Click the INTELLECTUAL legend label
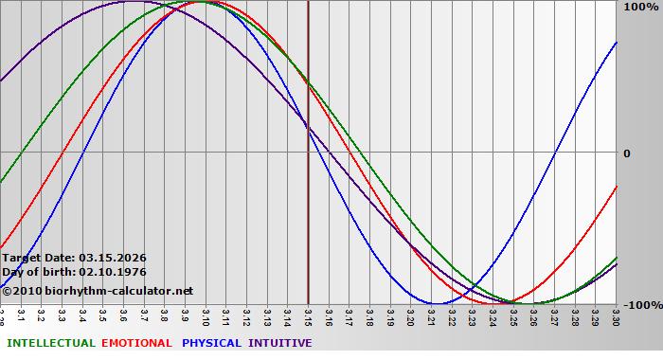pyautogui.click(x=50, y=343)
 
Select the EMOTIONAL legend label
pyautogui.click(x=136, y=343)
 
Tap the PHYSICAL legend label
pyautogui.click(x=212, y=343)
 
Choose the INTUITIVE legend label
pyautogui.click(x=279, y=343)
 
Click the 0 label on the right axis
pyautogui.click(x=626, y=153)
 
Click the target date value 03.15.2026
pyautogui.click(x=113, y=257)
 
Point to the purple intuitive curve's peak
pyautogui.click(x=133, y=2)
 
